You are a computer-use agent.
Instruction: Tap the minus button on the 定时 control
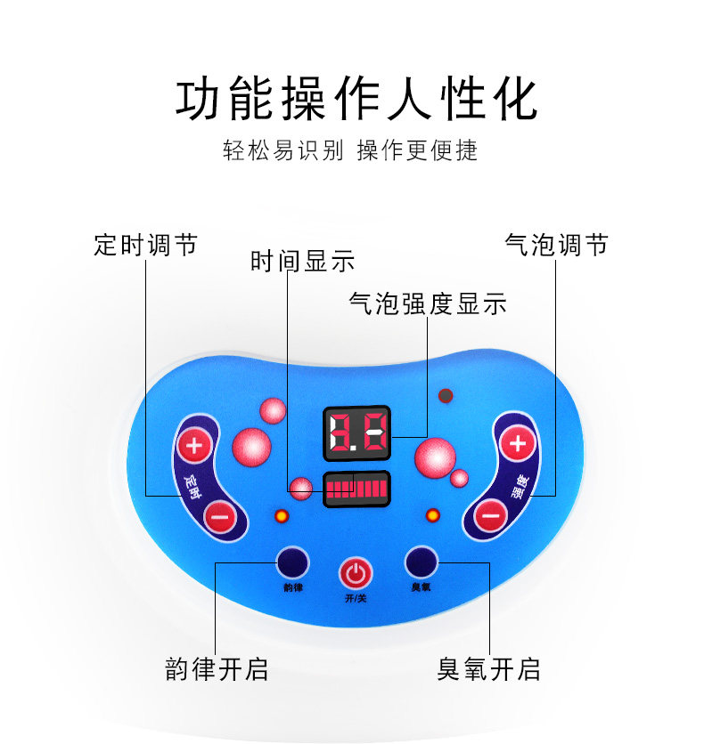(220, 515)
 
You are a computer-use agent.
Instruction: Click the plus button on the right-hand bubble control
(517, 442)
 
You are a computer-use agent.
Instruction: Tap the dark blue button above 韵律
(291, 562)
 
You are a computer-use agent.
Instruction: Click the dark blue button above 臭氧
(421, 562)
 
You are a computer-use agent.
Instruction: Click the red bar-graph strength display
(356, 489)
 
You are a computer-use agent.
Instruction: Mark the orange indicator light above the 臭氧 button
(432, 515)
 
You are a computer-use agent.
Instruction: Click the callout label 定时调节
(145, 245)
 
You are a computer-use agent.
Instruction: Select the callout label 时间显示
(303, 262)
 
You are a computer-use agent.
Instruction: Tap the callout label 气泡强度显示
(428, 303)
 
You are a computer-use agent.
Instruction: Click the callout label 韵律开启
(217, 669)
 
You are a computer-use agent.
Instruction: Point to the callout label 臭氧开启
(488, 669)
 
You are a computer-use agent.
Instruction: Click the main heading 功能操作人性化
(356, 100)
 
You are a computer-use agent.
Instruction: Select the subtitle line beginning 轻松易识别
(350, 150)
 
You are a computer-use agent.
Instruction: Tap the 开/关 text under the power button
(356, 598)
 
